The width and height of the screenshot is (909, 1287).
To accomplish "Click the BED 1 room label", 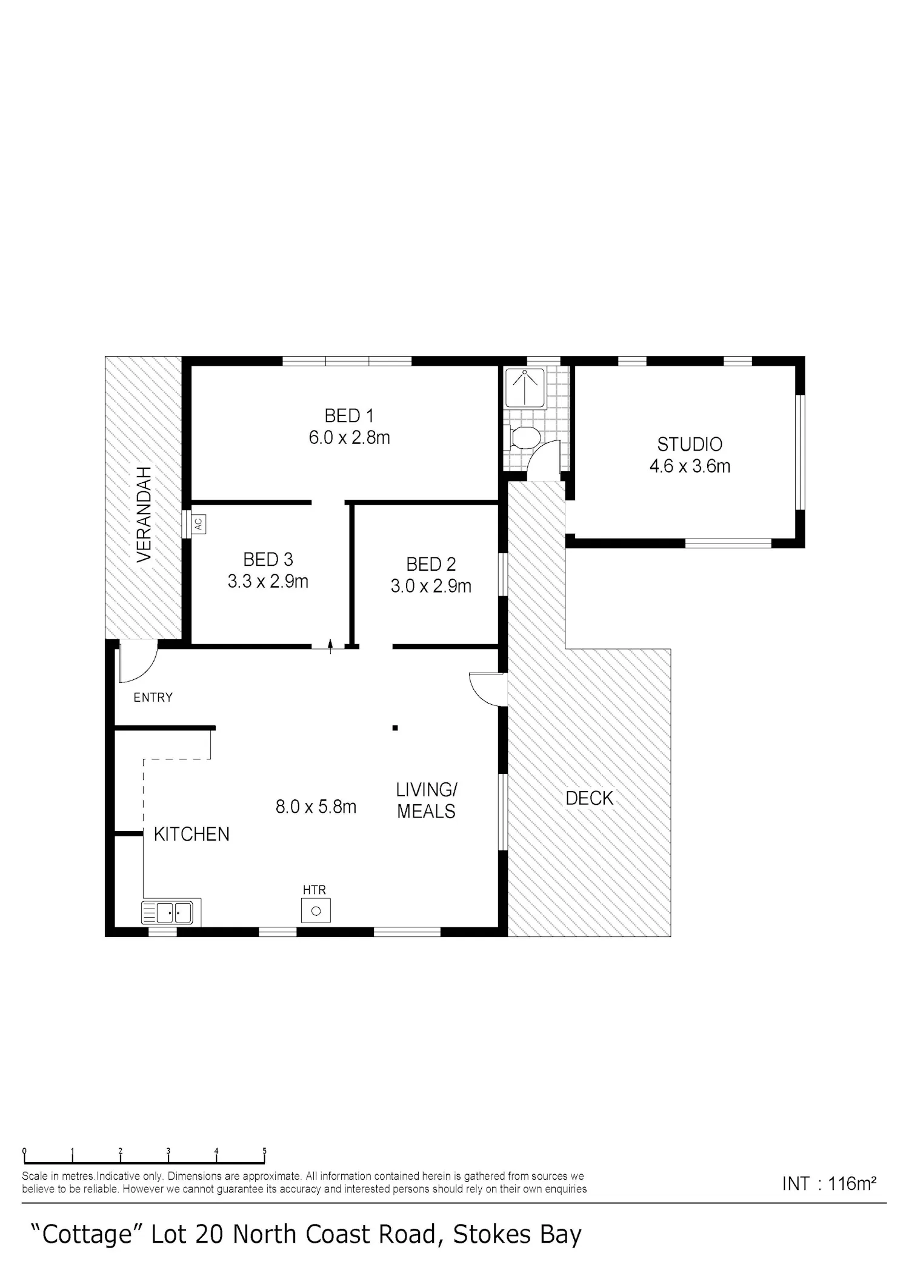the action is coord(349,416).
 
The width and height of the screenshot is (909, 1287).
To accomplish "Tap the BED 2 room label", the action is coord(431,565).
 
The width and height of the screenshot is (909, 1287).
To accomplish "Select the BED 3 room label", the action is coord(268,559).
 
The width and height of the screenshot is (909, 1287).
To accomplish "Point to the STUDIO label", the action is coord(690,445).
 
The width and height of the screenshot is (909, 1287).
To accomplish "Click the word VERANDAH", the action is coord(144,514).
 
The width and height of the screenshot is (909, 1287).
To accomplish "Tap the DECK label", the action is coord(590,798).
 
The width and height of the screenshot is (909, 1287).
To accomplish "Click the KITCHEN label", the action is coord(191,835).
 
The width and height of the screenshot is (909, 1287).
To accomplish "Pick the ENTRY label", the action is coord(153,697).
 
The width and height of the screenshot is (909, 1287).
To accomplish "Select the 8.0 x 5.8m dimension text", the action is coord(316,807).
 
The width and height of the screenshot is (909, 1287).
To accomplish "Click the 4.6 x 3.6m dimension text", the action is coord(690,466).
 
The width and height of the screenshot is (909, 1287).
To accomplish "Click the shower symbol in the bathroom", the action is coord(525,387).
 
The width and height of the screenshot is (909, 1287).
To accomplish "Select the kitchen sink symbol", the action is coord(171,912).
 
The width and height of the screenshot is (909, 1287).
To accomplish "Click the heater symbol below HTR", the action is coord(316,911).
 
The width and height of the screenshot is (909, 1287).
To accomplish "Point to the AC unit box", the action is coord(199,523).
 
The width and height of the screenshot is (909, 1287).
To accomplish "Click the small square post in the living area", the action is coord(395,728).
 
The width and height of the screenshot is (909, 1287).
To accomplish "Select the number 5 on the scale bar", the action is coord(264,1150).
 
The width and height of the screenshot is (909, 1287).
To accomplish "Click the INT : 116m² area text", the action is coord(829,1183).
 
